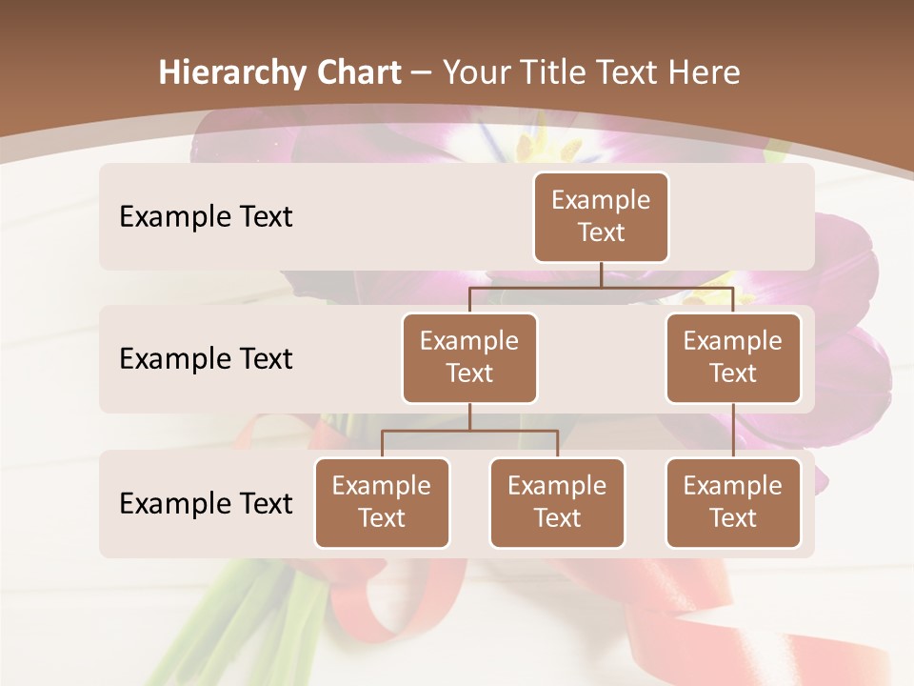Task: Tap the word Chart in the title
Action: pos(354,73)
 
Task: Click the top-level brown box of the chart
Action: pos(601,217)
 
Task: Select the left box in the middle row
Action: pos(469,357)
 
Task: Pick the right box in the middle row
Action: pos(733,357)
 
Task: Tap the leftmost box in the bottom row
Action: pos(382,502)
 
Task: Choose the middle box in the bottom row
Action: pos(557,502)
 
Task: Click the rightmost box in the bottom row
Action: pos(733,502)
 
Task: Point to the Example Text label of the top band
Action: pos(206,217)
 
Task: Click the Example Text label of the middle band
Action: pos(206,359)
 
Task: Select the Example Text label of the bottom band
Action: pos(206,503)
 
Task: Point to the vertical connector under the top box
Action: pos(601,274)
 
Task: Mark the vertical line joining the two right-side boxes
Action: pos(733,430)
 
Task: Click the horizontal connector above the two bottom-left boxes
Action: pos(469,431)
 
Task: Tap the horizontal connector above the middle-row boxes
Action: pos(601,287)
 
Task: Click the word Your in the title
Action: pos(476,73)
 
